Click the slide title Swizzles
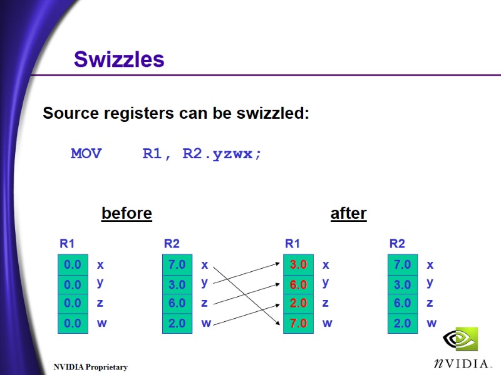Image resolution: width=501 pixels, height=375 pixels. tap(119, 59)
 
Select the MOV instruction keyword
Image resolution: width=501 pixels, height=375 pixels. tap(86, 154)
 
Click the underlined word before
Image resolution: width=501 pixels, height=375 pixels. tap(127, 214)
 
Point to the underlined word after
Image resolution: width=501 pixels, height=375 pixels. tap(348, 214)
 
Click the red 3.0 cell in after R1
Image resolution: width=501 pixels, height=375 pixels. tap(298, 265)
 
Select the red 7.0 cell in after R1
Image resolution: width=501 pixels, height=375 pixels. tap(298, 323)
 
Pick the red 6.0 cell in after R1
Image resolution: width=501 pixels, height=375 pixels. tap(298, 284)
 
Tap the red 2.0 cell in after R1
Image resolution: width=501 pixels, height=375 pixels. tap(298, 304)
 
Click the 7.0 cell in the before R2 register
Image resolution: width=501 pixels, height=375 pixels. tap(177, 265)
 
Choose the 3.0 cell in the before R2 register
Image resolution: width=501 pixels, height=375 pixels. tap(177, 284)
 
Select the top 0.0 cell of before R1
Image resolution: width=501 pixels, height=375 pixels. tap(73, 265)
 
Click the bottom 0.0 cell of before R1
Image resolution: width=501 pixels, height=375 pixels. tap(73, 323)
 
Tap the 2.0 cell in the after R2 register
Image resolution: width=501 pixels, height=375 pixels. tap(402, 323)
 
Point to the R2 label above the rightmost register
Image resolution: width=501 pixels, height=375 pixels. tap(397, 244)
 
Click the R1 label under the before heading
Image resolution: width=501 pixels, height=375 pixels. tap(67, 244)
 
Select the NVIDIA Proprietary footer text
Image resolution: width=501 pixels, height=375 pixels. tap(90, 367)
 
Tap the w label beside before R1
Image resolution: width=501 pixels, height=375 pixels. tap(101, 323)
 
